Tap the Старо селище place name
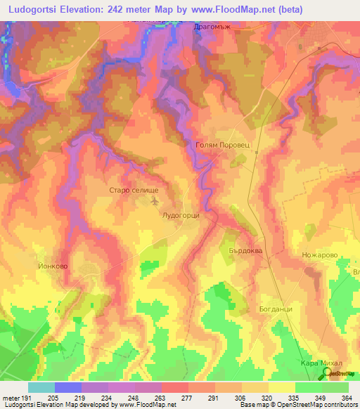(x=136, y=190)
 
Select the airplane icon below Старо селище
(x=155, y=202)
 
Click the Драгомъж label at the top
(x=212, y=25)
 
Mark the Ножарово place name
(x=320, y=255)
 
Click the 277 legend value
(x=188, y=398)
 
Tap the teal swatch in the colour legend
(x=41, y=387)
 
